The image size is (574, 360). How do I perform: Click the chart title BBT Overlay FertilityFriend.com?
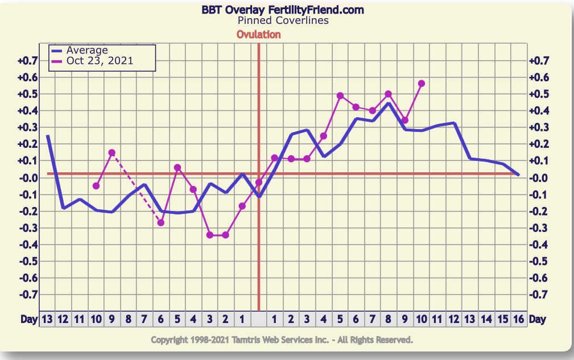click(283, 10)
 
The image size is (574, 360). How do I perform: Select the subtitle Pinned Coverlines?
click(283, 20)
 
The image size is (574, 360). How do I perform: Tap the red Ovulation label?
click(258, 34)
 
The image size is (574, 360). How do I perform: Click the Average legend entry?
click(86, 51)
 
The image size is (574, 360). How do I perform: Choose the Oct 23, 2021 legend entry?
click(100, 60)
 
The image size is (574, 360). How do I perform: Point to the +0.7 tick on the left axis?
click(27, 60)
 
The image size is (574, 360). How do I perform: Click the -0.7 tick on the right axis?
click(539, 295)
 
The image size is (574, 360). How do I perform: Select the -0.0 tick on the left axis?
click(27, 177)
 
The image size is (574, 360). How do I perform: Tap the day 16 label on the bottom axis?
click(518, 319)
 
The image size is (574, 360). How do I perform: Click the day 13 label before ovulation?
click(47, 319)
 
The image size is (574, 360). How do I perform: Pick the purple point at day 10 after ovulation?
click(421, 84)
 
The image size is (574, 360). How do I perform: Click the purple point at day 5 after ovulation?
click(340, 96)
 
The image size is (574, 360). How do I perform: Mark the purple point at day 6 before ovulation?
click(160, 222)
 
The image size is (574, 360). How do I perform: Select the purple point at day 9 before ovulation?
click(112, 152)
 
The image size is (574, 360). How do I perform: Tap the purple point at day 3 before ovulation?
click(209, 234)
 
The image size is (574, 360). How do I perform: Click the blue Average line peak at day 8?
click(389, 104)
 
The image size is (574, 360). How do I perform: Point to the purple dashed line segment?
click(137, 188)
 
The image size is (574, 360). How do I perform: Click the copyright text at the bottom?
click(282, 340)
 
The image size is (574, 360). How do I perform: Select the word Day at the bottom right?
click(537, 319)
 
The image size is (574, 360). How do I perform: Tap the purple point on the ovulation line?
click(259, 183)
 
